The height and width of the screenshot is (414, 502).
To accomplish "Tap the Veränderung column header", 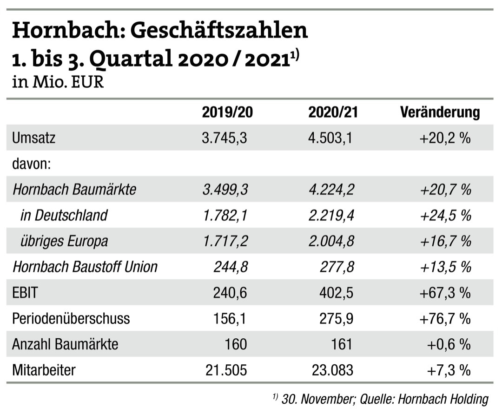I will [x=440, y=112].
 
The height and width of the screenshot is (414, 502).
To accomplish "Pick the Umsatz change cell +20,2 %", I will [x=445, y=138].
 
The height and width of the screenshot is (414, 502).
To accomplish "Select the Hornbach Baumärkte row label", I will [x=74, y=190].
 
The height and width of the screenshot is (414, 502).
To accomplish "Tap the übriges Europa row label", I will [x=64, y=241].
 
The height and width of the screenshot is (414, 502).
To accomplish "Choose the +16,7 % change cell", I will [x=445, y=241].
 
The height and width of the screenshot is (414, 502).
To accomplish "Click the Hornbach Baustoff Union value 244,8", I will [x=231, y=267].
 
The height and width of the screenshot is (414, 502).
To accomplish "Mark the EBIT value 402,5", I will [x=336, y=292].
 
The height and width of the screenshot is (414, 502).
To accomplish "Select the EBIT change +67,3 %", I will [x=445, y=292].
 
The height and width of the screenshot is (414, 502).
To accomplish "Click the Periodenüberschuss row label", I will [x=71, y=318].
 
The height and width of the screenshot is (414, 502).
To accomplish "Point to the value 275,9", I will [x=336, y=318].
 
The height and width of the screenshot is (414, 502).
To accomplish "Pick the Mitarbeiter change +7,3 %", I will [x=449, y=370].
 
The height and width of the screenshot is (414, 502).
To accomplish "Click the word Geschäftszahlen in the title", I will [x=218, y=31].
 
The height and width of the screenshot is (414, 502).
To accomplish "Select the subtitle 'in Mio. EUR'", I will [x=58, y=83].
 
